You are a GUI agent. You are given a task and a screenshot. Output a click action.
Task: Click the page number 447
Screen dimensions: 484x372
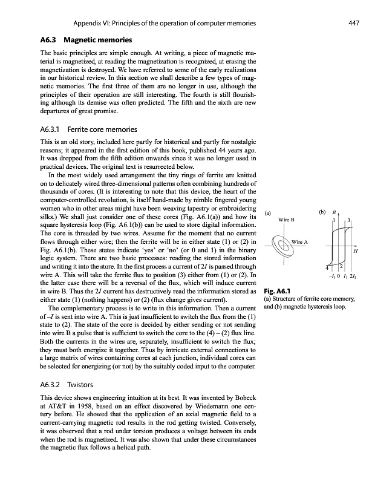coord(354,23)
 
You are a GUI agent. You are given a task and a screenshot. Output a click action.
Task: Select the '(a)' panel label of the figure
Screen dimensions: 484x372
coord(268,212)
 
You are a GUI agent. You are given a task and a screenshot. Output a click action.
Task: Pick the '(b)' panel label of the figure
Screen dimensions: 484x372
coord(322,212)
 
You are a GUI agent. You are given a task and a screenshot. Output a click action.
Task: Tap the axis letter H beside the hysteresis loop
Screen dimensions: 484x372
coord(356,250)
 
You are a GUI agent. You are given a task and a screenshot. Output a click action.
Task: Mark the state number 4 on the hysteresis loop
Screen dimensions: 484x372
coord(327,268)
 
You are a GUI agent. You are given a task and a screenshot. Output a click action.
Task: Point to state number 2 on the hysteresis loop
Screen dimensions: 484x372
coord(342,266)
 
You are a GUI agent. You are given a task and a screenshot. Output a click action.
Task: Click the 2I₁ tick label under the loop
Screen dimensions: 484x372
coord(354,276)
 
